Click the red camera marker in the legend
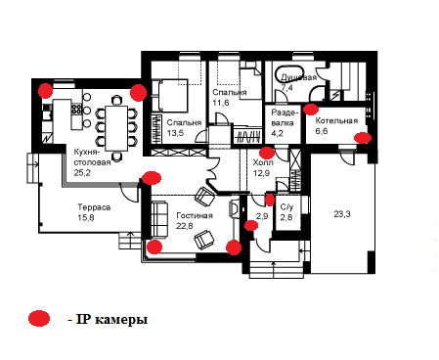pyautogui.click(x=39, y=318)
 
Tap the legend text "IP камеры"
pyautogui.click(x=111, y=320)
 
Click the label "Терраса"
pyautogui.click(x=94, y=207)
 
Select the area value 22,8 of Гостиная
pyautogui.click(x=185, y=226)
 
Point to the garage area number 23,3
pyautogui.click(x=342, y=214)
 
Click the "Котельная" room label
pyautogui.click(x=336, y=120)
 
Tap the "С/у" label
pyautogui.click(x=286, y=206)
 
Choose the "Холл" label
pyautogui.click(x=263, y=162)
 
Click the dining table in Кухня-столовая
pyautogui.click(x=116, y=128)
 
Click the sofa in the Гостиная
pyautogui.click(x=159, y=220)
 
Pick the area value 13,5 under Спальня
pyautogui.click(x=175, y=133)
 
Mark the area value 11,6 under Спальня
pyautogui.click(x=221, y=103)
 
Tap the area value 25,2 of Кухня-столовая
pyautogui.click(x=82, y=172)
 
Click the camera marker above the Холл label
pyautogui.click(x=267, y=153)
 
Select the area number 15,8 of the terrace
pyautogui.click(x=86, y=217)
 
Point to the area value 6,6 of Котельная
pyautogui.click(x=322, y=131)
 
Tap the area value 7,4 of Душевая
pyautogui.click(x=286, y=87)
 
